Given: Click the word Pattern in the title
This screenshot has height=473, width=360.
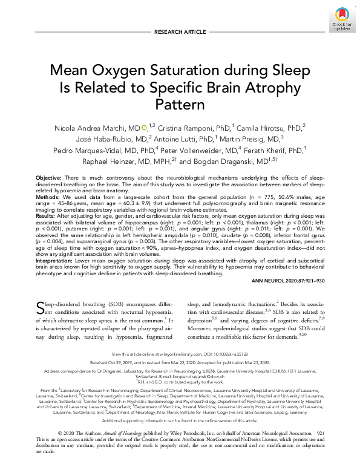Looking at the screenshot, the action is click(x=180, y=104).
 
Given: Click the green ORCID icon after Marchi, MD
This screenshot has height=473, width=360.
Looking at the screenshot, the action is click(x=144, y=128).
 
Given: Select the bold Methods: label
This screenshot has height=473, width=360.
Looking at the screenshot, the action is click(x=48, y=197).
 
